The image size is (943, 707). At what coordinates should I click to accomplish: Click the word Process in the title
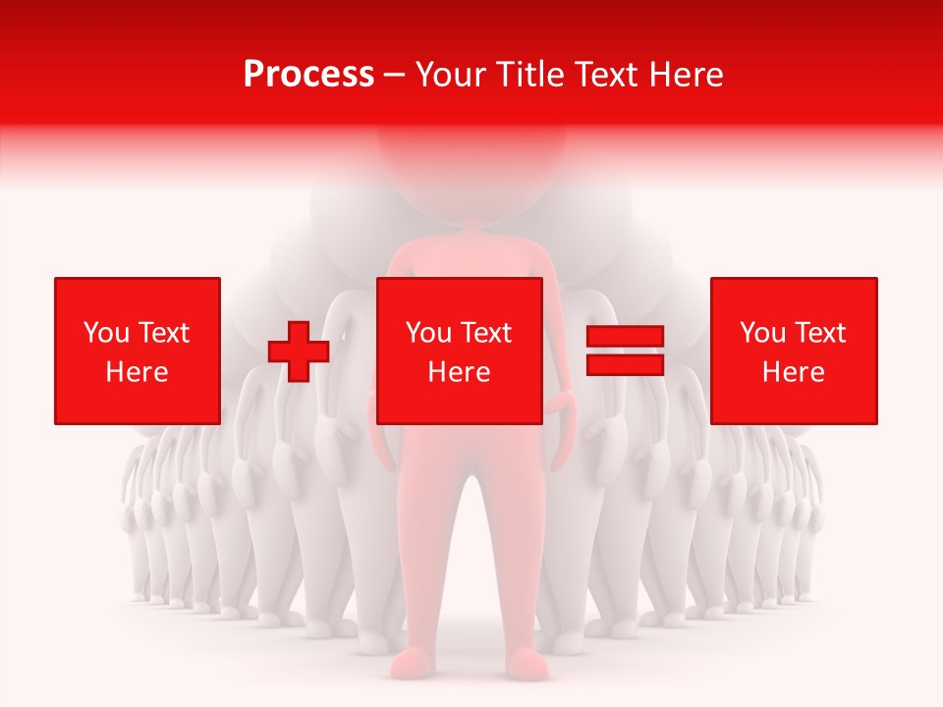308,75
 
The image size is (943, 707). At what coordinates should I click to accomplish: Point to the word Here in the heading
691,75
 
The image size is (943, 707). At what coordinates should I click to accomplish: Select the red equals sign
625,351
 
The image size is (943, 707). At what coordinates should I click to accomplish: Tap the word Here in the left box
138,372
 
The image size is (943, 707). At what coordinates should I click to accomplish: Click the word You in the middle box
428,333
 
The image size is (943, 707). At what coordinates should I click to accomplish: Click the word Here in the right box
793,372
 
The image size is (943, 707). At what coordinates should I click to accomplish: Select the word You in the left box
106,333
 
